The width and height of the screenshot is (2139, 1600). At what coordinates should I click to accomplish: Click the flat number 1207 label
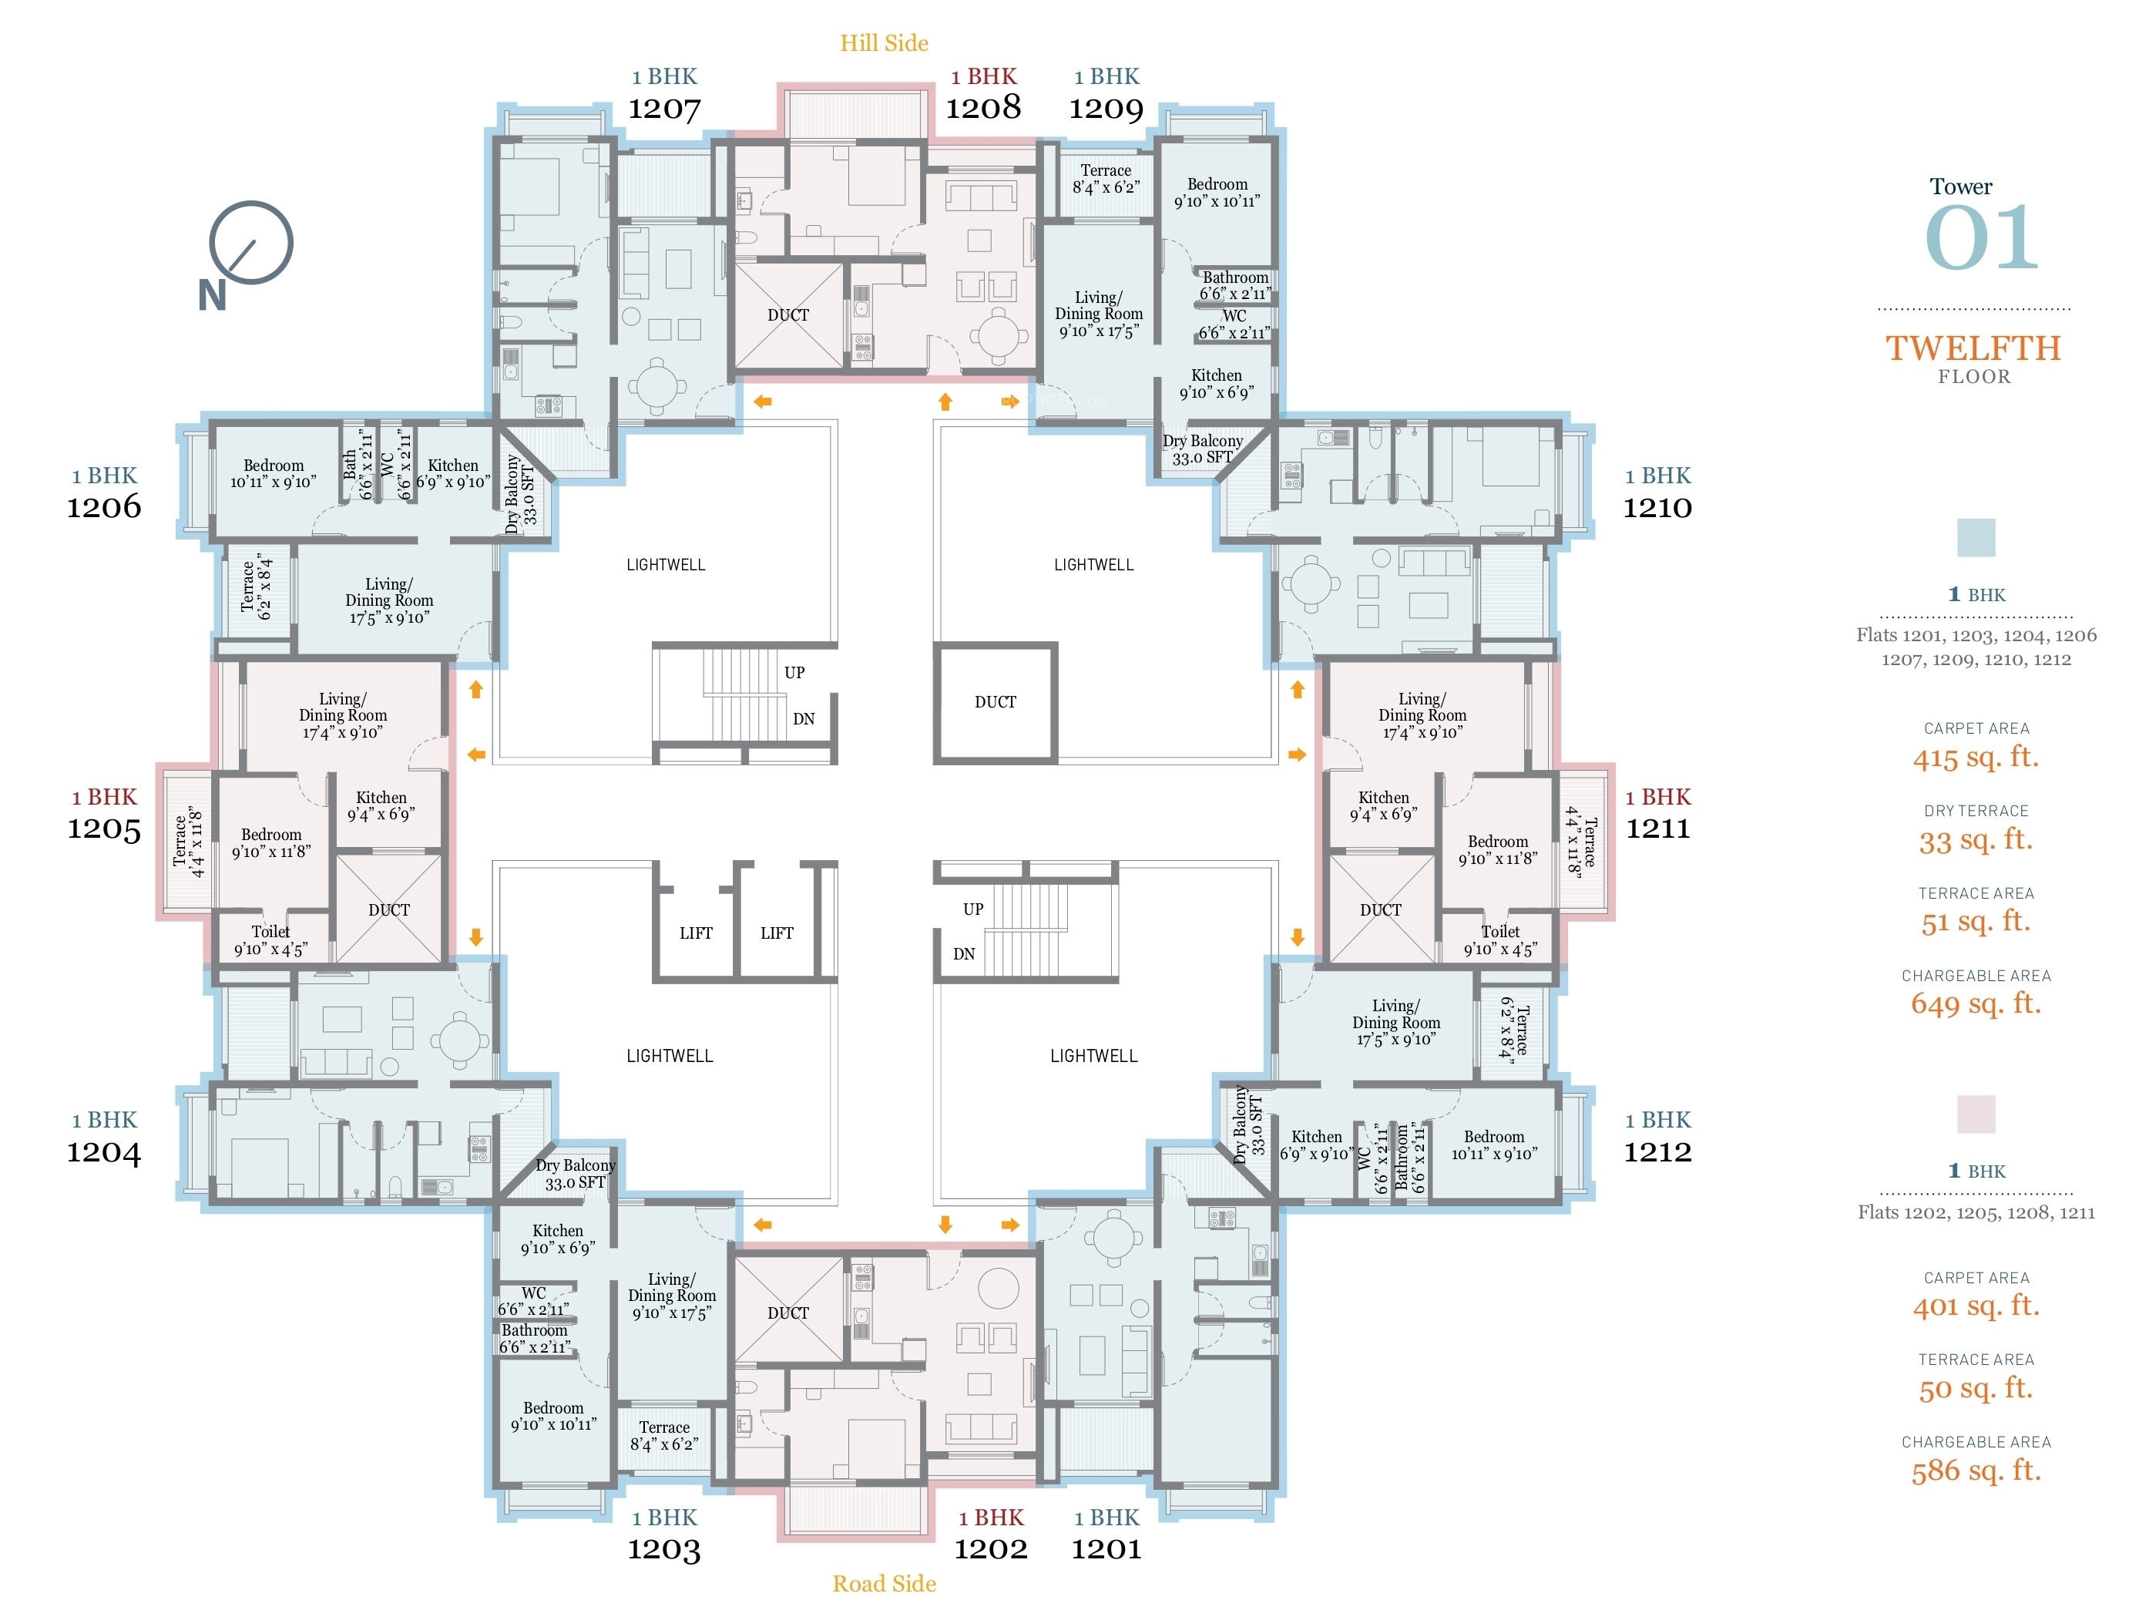[664, 109]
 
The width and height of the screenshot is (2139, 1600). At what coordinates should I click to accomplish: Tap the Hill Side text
[884, 42]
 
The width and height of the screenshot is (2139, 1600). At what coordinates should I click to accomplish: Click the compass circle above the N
[251, 242]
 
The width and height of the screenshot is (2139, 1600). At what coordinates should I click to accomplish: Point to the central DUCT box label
[995, 701]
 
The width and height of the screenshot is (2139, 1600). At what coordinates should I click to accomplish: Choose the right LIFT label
[777, 933]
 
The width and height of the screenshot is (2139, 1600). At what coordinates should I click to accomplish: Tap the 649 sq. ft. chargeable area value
[1976, 1003]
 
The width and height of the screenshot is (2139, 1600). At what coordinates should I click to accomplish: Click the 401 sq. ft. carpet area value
[1976, 1305]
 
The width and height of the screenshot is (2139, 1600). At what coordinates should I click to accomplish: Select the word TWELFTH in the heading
[1973, 348]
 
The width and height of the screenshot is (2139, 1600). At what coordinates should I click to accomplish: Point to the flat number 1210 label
[1657, 507]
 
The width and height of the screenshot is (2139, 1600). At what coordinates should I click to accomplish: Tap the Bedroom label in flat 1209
[1217, 183]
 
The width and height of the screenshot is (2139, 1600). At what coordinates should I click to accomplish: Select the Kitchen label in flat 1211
[1384, 797]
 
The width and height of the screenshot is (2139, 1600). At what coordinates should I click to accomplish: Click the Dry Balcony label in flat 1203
[576, 1165]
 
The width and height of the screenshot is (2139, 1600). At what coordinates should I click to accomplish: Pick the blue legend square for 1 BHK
[1976, 537]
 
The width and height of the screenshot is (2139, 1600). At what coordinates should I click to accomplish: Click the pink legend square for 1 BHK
[1976, 1114]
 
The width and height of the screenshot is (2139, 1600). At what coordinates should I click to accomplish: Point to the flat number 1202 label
[991, 1548]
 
